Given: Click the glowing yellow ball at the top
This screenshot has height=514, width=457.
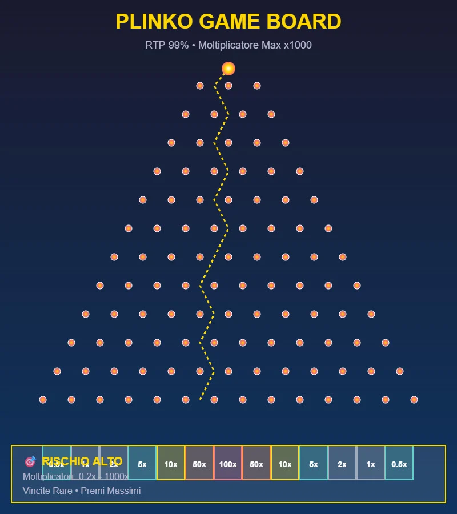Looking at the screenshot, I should click(x=228, y=69).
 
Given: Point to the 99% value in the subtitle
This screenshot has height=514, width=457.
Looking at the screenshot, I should click(x=178, y=45).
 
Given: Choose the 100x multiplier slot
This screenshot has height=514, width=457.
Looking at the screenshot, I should click(x=228, y=464).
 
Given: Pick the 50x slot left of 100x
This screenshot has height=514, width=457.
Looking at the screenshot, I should click(x=199, y=464).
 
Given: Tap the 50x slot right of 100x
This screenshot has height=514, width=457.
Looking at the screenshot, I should click(x=256, y=464).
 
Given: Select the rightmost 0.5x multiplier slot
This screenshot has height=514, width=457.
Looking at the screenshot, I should click(x=399, y=464).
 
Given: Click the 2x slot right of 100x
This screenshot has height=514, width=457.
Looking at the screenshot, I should click(x=342, y=464).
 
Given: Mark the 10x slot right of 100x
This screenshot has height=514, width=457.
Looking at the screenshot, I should click(x=285, y=464).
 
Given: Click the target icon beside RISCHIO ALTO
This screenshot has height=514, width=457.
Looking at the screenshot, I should click(x=30, y=461).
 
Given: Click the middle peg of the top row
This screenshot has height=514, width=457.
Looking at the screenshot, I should click(x=228, y=86).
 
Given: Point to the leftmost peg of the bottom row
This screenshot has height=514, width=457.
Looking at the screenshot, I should click(x=43, y=400).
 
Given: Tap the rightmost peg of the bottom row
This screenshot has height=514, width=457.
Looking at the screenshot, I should click(x=414, y=400).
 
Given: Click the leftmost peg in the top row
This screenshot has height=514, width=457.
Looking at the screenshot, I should click(x=200, y=86).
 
